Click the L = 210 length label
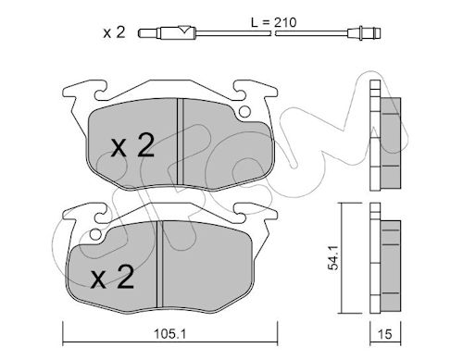click(x=273, y=22)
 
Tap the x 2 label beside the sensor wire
click(x=114, y=32)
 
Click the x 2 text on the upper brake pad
click(x=132, y=146)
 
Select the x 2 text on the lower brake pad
click(x=112, y=277)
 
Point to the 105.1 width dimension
click(x=170, y=334)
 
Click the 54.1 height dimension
click(x=333, y=257)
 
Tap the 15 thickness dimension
click(x=385, y=334)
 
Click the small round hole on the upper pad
click(x=244, y=112)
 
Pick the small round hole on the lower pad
click(x=96, y=235)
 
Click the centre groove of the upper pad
click(x=181, y=142)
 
